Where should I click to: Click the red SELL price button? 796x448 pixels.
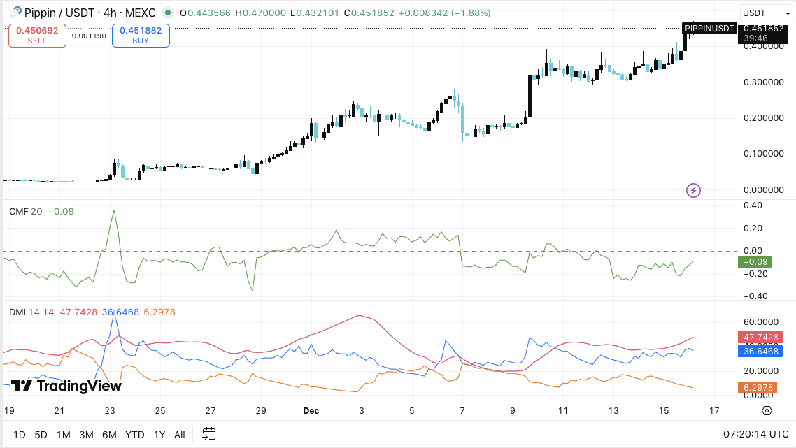[x=37, y=36]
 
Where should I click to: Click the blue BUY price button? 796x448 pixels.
[x=144, y=36]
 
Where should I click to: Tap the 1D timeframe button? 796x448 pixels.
[x=19, y=435]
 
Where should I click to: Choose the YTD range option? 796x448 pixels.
[x=135, y=435]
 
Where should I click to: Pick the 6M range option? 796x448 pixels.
[x=109, y=435]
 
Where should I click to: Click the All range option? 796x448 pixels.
[x=180, y=435]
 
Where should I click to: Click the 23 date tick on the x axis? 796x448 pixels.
[x=110, y=410]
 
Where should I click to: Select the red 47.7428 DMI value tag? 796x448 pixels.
[x=758, y=337]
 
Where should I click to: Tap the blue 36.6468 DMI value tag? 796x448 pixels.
[x=758, y=351]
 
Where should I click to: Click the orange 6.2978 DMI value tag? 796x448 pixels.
[x=758, y=387]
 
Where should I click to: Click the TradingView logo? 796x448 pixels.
[x=66, y=386]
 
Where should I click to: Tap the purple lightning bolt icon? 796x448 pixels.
[x=693, y=190]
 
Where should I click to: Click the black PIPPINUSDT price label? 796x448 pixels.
[x=709, y=29]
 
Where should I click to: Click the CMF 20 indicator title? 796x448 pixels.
[x=25, y=211]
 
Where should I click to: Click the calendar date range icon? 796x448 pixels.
[x=209, y=434]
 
